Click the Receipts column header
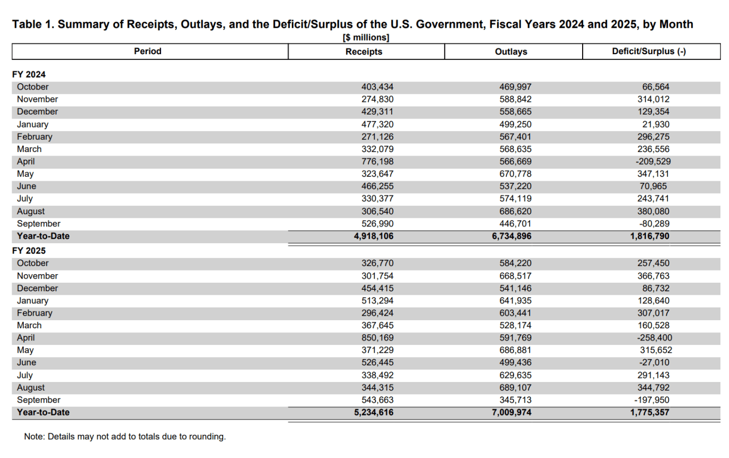coord(364,52)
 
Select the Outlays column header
coord(511,52)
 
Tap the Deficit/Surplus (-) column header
coord(648,51)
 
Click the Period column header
coord(147,51)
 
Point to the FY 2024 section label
coord(29,74)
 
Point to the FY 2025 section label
coord(29,251)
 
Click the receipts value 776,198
coord(377,162)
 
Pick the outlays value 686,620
coord(515,211)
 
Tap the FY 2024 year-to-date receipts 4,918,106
coord(373,236)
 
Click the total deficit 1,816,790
coord(649,236)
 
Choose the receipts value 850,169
coord(377,338)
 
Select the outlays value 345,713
coord(515,400)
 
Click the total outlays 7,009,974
coord(512,412)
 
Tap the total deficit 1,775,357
coord(649,412)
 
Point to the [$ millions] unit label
coord(366,37)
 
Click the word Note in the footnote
coord(33,437)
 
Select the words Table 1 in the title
coord(32,24)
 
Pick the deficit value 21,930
coord(656,125)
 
